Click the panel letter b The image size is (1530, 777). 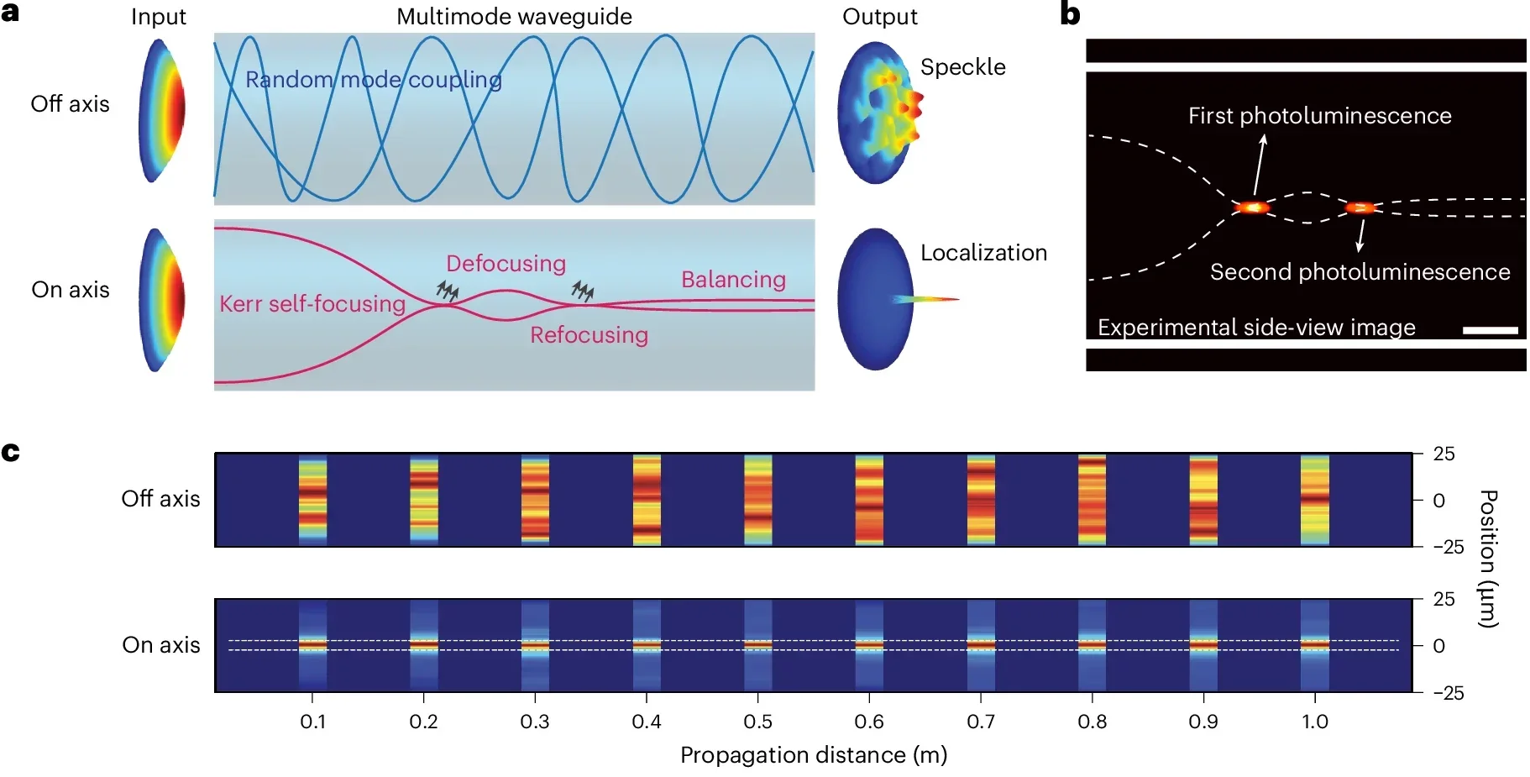pos(1070,14)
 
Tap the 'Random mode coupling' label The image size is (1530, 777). pos(373,80)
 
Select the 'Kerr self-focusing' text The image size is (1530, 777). pos(312,303)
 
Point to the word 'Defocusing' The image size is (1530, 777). pos(506,264)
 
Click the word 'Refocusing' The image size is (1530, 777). pos(589,335)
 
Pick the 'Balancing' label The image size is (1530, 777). pos(733,280)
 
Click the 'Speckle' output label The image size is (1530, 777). pos(962,67)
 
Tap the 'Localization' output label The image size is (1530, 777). pos(983,253)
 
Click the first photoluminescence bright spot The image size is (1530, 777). pos(1252,207)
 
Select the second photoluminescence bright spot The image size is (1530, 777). pos(1360,207)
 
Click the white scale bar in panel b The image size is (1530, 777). pos(1490,331)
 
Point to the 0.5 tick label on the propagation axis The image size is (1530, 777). pos(757,722)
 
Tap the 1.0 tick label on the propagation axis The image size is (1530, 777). pos(1314,722)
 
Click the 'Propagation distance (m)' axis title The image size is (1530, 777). pos(813,755)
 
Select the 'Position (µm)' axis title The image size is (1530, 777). pos(1487,559)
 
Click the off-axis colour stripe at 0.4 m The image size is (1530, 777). pos(647,500)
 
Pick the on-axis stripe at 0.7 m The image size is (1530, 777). pos(981,645)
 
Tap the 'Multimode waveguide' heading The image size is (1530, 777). pos(514,17)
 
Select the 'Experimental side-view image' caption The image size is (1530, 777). pos(1256,328)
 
